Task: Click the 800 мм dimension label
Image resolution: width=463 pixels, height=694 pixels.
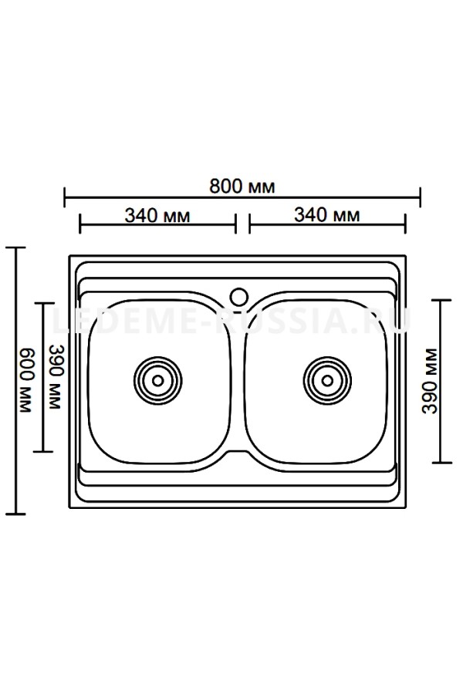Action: coord(242,187)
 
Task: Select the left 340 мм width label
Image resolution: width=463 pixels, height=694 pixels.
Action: coord(157,216)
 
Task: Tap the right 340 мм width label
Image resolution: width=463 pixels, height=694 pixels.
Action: coord(327,215)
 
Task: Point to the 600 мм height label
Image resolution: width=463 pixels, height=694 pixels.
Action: coord(26,381)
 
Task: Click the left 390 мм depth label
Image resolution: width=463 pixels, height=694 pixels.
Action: coord(56,377)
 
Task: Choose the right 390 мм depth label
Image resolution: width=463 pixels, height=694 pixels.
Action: coord(429,381)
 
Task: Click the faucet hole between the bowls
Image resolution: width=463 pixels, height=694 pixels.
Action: coord(239,296)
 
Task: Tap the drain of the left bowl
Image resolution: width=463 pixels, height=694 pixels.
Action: coord(157,381)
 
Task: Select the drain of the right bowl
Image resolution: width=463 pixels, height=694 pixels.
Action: coord(327,381)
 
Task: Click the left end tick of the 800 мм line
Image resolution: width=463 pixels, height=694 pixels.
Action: coord(65,197)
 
